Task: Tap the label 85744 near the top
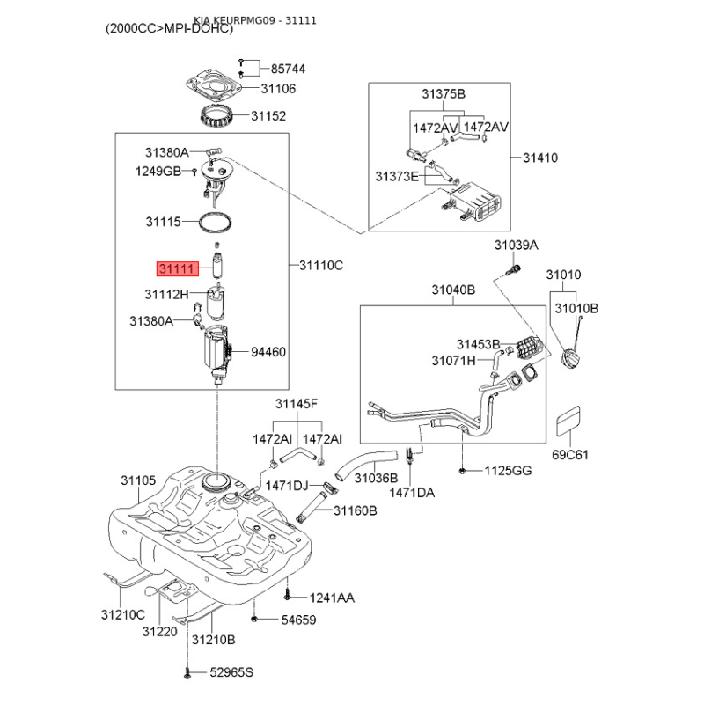click(288, 68)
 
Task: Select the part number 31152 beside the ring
click(268, 115)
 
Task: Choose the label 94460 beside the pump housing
click(268, 352)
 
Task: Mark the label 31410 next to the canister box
click(539, 158)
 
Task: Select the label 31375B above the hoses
click(443, 94)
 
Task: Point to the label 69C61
click(569, 455)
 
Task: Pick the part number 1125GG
click(508, 472)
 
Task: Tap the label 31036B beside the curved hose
click(376, 478)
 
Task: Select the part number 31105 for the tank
click(138, 480)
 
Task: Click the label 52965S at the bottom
click(231, 673)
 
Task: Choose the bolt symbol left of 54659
click(253, 620)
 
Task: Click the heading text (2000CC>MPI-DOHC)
click(169, 28)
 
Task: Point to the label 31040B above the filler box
click(453, 290)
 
